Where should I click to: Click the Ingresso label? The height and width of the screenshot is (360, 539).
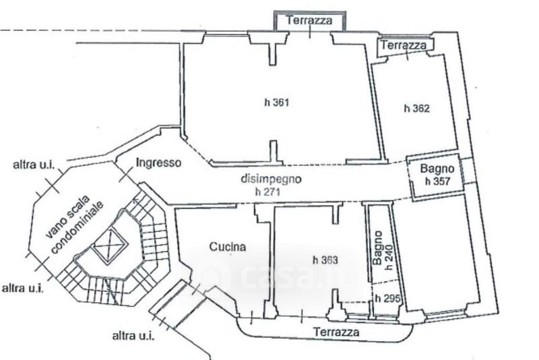[158, 162]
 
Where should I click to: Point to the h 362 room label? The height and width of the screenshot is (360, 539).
[416, 107]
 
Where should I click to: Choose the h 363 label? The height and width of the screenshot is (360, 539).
[325, 260]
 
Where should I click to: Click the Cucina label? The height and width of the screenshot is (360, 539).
[228, 247]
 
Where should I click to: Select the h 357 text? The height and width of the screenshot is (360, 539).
[437, 181]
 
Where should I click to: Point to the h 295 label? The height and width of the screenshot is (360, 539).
[387, 298]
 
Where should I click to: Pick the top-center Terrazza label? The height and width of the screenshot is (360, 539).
[309, 20]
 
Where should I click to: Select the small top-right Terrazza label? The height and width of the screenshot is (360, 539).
[404, 45]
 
